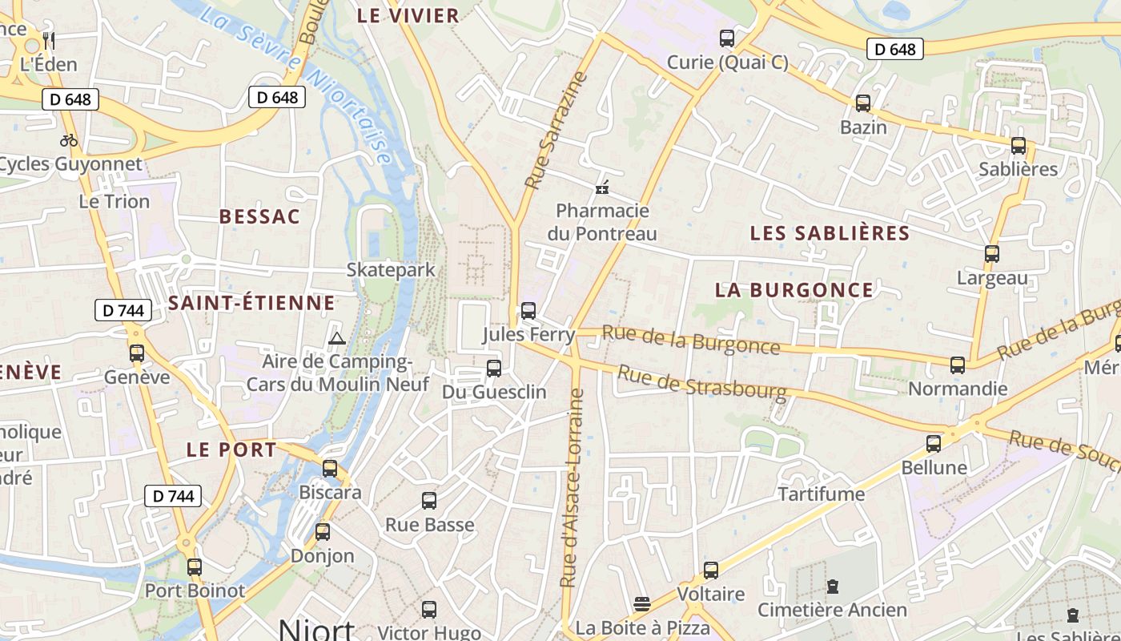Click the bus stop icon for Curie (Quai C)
click(x=727, y=38)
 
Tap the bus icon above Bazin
click(x=863, y=103)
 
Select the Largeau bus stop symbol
click(x=992, y=254)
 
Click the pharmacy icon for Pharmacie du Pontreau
click(x=602, y=188)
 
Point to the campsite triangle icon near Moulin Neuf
click(x=336, y=339)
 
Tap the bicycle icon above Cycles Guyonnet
click(x=69, y=140)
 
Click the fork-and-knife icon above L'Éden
click(x=49, y=40)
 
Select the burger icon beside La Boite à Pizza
click(x=641, y=603)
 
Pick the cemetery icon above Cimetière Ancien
click(x=833, y=587)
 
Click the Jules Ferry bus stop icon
click(x=528, y=311)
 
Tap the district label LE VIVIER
click(x=408, y=15)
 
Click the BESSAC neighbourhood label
click(x=259, y=216)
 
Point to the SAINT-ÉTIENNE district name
click(x=251, y=303)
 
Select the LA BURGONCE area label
click(x=794, y=290)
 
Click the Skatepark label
click(x=391, y=269)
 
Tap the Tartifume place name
click(x=822, y=494)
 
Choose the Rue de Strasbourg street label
click(x=701, y=382)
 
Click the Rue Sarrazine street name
click(x=556, y=131)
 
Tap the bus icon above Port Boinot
click(x=195, y=567)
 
